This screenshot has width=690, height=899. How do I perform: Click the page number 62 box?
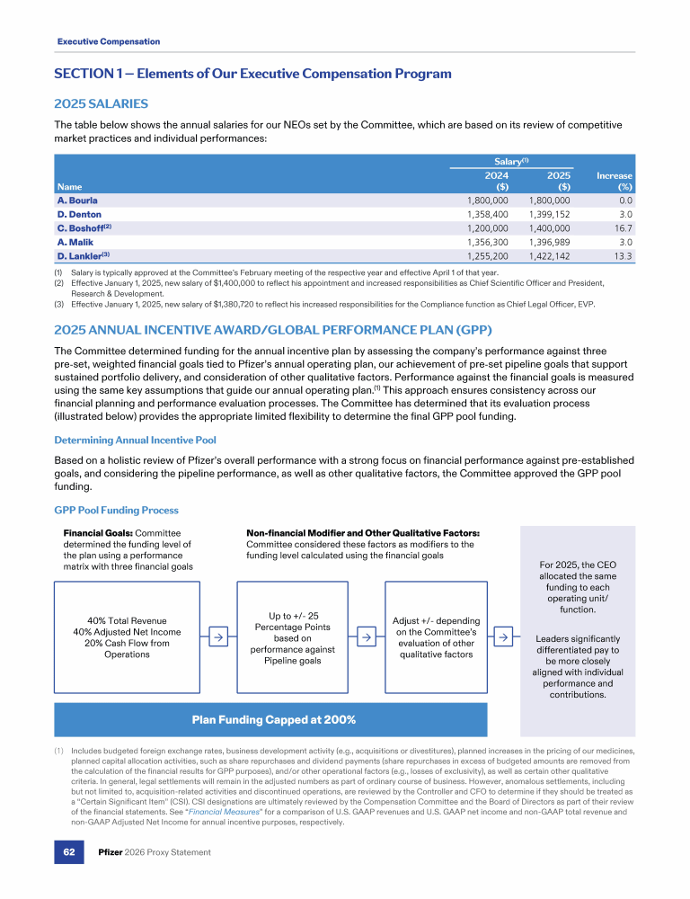coord(68,851)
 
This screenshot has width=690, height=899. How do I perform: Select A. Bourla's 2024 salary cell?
coord(488,200)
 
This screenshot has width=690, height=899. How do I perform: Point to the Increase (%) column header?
coord(614,182)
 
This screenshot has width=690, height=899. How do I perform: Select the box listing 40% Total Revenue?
coord(128,637)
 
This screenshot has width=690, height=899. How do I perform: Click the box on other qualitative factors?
coord(436,637)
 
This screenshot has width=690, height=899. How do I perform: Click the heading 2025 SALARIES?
coord(102,104)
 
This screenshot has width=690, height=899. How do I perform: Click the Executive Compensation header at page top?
coord(109,41)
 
